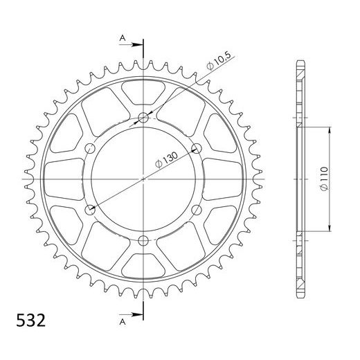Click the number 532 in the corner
(31, 320)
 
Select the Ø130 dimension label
(167, 159)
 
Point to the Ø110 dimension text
(324, 179)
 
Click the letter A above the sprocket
(123, 38)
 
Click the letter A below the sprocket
(123, 322)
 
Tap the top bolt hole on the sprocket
(143, 118)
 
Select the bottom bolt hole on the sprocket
(143, 241)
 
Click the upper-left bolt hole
(90, 148)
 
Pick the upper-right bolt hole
(197, 148)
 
